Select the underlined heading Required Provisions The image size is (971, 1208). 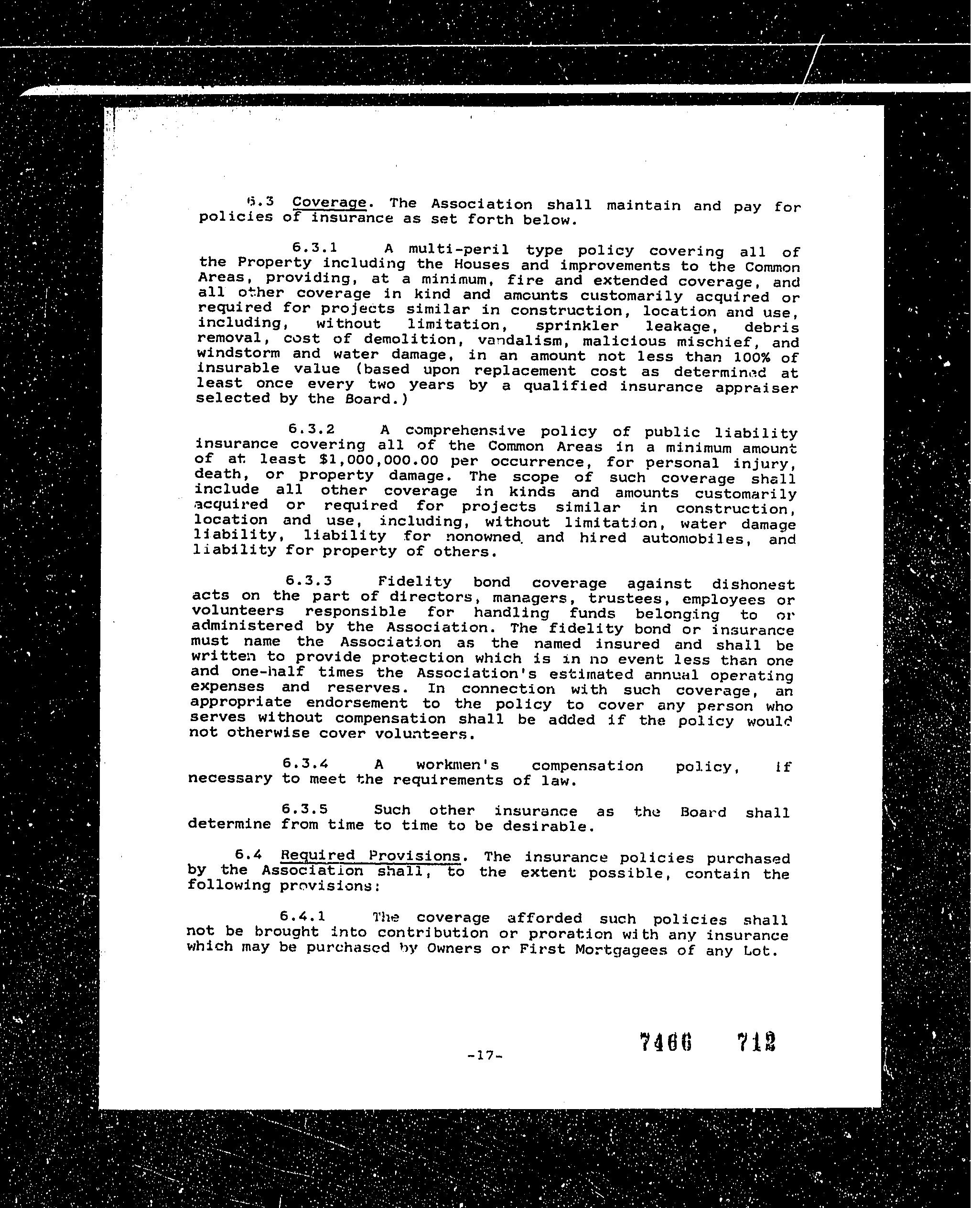[x=370, y=855]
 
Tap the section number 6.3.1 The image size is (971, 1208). [x=314, y=247]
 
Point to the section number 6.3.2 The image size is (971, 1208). [x=312, y=429]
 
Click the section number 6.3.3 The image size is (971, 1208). [x=309, y=581]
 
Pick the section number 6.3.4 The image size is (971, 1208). [x=305, y=763]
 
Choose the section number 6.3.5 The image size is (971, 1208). [x=304, y=809]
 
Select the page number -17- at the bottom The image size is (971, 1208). [x=485, y=1056]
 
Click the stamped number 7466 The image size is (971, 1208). [x=666, y=1042]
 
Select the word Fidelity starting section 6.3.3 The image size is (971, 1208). [x=415, y=581]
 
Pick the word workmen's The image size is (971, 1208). [x=458, y=765]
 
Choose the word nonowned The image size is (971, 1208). [x=483, y=537]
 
